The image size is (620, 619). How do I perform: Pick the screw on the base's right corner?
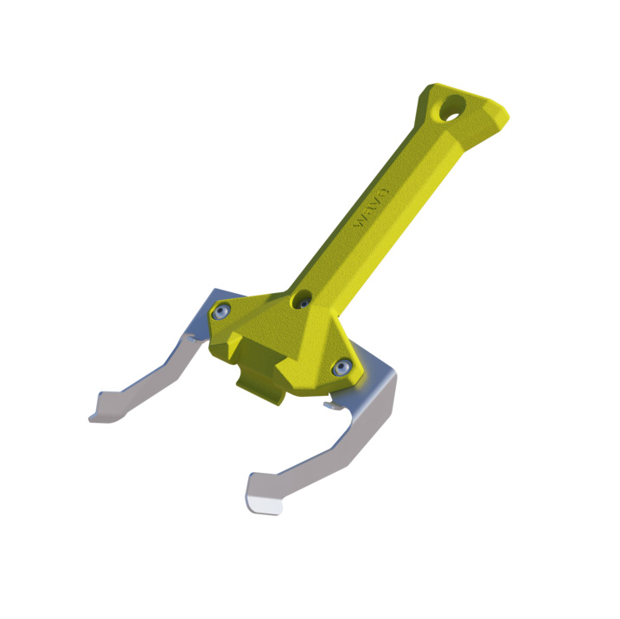point(343,367)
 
